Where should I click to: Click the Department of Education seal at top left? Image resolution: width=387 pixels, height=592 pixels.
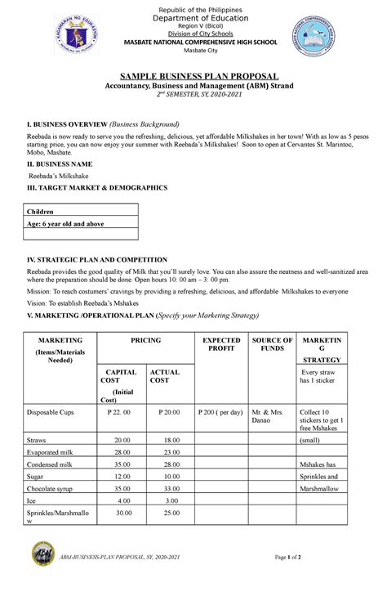coord(80,35)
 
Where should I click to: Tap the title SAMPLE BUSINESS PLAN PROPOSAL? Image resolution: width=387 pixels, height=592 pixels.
coord(193,74)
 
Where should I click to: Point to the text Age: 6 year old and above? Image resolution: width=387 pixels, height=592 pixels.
coord(66,223)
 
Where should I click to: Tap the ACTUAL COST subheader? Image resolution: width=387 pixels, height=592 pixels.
coord(164,377)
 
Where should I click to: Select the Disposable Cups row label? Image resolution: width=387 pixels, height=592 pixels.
coord(51,412)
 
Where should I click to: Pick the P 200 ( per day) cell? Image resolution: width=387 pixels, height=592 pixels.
coord(220,412)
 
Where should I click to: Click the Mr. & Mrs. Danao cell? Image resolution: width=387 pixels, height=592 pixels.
coord(271,417)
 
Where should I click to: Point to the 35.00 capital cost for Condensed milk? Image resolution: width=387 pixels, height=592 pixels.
coord(123,464)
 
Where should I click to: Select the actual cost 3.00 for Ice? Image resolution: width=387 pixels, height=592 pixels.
coord(171,500)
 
